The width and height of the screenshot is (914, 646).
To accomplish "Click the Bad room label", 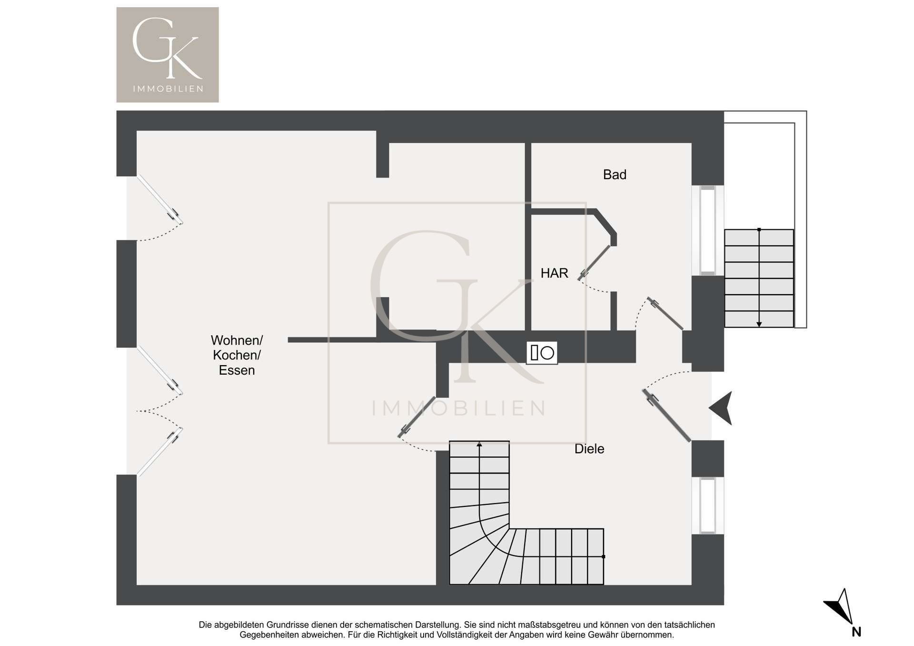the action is coord(615,175).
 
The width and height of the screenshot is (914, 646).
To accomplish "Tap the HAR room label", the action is coord(554,273).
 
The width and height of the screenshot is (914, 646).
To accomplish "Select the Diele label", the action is coord(589,449).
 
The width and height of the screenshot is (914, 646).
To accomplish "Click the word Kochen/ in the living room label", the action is coord(237,355).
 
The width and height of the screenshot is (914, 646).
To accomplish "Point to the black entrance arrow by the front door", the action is coord(721,408).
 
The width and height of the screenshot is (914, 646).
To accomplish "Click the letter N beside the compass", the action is coord(856,632).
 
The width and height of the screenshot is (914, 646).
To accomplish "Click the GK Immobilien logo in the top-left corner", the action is coord(168,55).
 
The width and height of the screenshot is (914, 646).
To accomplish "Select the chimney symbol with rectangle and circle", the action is coord(542,353).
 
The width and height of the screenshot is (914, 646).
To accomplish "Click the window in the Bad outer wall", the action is coord(708,230).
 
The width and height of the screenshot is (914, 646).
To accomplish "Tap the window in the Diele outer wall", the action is coord(708,506).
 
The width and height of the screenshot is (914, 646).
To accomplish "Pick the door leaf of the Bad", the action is coord(665,314).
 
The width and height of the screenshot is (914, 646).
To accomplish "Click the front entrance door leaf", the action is coord(666,416).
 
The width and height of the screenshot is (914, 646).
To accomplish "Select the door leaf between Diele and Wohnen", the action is coord(417,417).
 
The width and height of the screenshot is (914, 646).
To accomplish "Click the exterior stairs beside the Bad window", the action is coord(759,278).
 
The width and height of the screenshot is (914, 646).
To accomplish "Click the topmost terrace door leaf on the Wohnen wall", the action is coord(160,200).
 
